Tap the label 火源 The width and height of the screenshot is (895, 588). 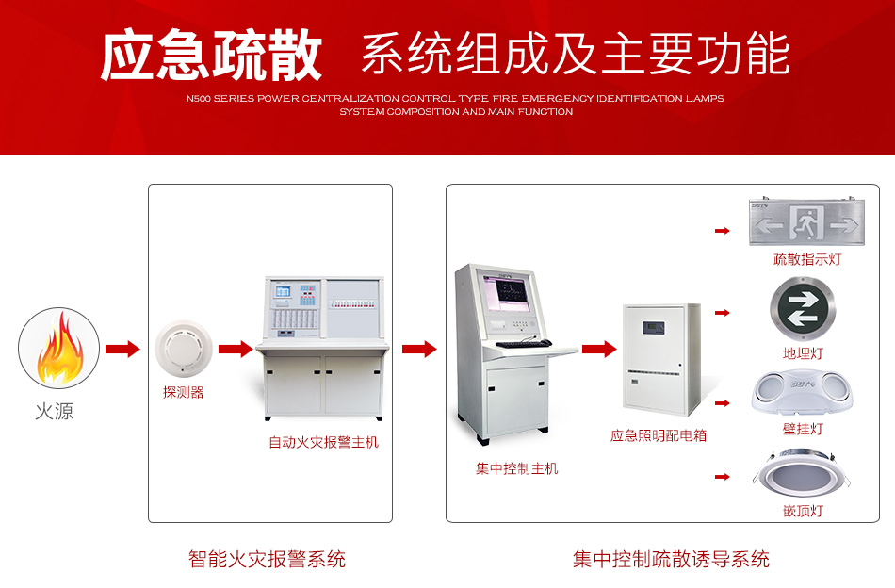point(54,412)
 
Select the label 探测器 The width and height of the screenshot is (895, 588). point(184,392)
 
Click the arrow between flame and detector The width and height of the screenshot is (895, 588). point(122,350)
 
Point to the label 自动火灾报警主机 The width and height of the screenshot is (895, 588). point(323,441)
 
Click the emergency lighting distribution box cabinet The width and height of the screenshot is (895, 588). point(661,362)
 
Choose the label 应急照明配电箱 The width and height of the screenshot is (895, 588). point(659,435)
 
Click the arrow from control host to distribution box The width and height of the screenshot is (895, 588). point(598,350)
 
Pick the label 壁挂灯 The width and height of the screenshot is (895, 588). point(803,429)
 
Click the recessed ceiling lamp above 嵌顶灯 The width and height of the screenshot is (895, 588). point(803,475)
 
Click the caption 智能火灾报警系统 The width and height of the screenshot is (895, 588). point(267,560)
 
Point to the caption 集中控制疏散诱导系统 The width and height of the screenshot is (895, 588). point(671,560)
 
